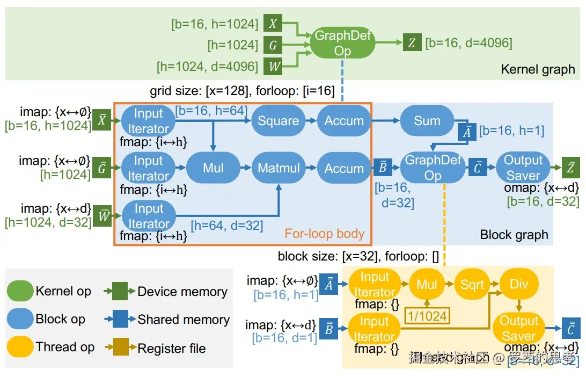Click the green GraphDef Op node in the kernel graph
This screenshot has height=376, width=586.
(x=342, y=43)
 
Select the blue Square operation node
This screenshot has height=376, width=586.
(x=278, y=121)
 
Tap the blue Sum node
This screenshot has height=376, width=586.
(x=427, y=121)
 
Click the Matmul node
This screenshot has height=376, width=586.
(x=279, y=168)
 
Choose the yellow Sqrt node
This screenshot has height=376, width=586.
(x=472, y=285)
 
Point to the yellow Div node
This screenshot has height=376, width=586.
(x=518, y=284)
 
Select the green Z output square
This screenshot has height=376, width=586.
(x=412, y=43)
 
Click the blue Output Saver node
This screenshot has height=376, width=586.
(x=523, y=168)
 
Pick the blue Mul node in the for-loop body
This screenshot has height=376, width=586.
(x=213, y=168)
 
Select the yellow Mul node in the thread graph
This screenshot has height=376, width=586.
(x=427, y=285)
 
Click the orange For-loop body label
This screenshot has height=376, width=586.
(x=324, y=234)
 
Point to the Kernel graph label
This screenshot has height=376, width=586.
(x=538, y=69)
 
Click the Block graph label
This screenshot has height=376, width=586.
(x=514, y=235)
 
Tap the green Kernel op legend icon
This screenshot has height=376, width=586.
(x=20, y=292)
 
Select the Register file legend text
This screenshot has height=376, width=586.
(x=171, y=348)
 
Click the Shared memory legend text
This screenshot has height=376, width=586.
(x=183, y=320)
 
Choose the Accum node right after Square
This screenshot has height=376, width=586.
(x=343, y=121)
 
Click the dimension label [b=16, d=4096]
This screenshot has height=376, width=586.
(x=468, y=43)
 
